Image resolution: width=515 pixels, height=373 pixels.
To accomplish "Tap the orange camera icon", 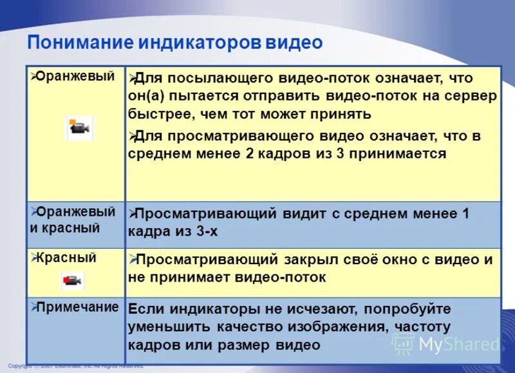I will pyautogui.click(x=80, y=128).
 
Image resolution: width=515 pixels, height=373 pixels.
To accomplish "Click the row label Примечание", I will pyautogui.click(x=77, y=307).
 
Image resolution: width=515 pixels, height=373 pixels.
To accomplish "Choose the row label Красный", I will pyautogui.click(x=66, y=258).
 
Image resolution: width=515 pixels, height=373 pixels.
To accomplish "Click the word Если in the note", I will pyautogui.click(x=145, y=309).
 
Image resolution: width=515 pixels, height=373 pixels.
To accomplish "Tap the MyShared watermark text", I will pyautogui.click(x=458, y=344).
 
